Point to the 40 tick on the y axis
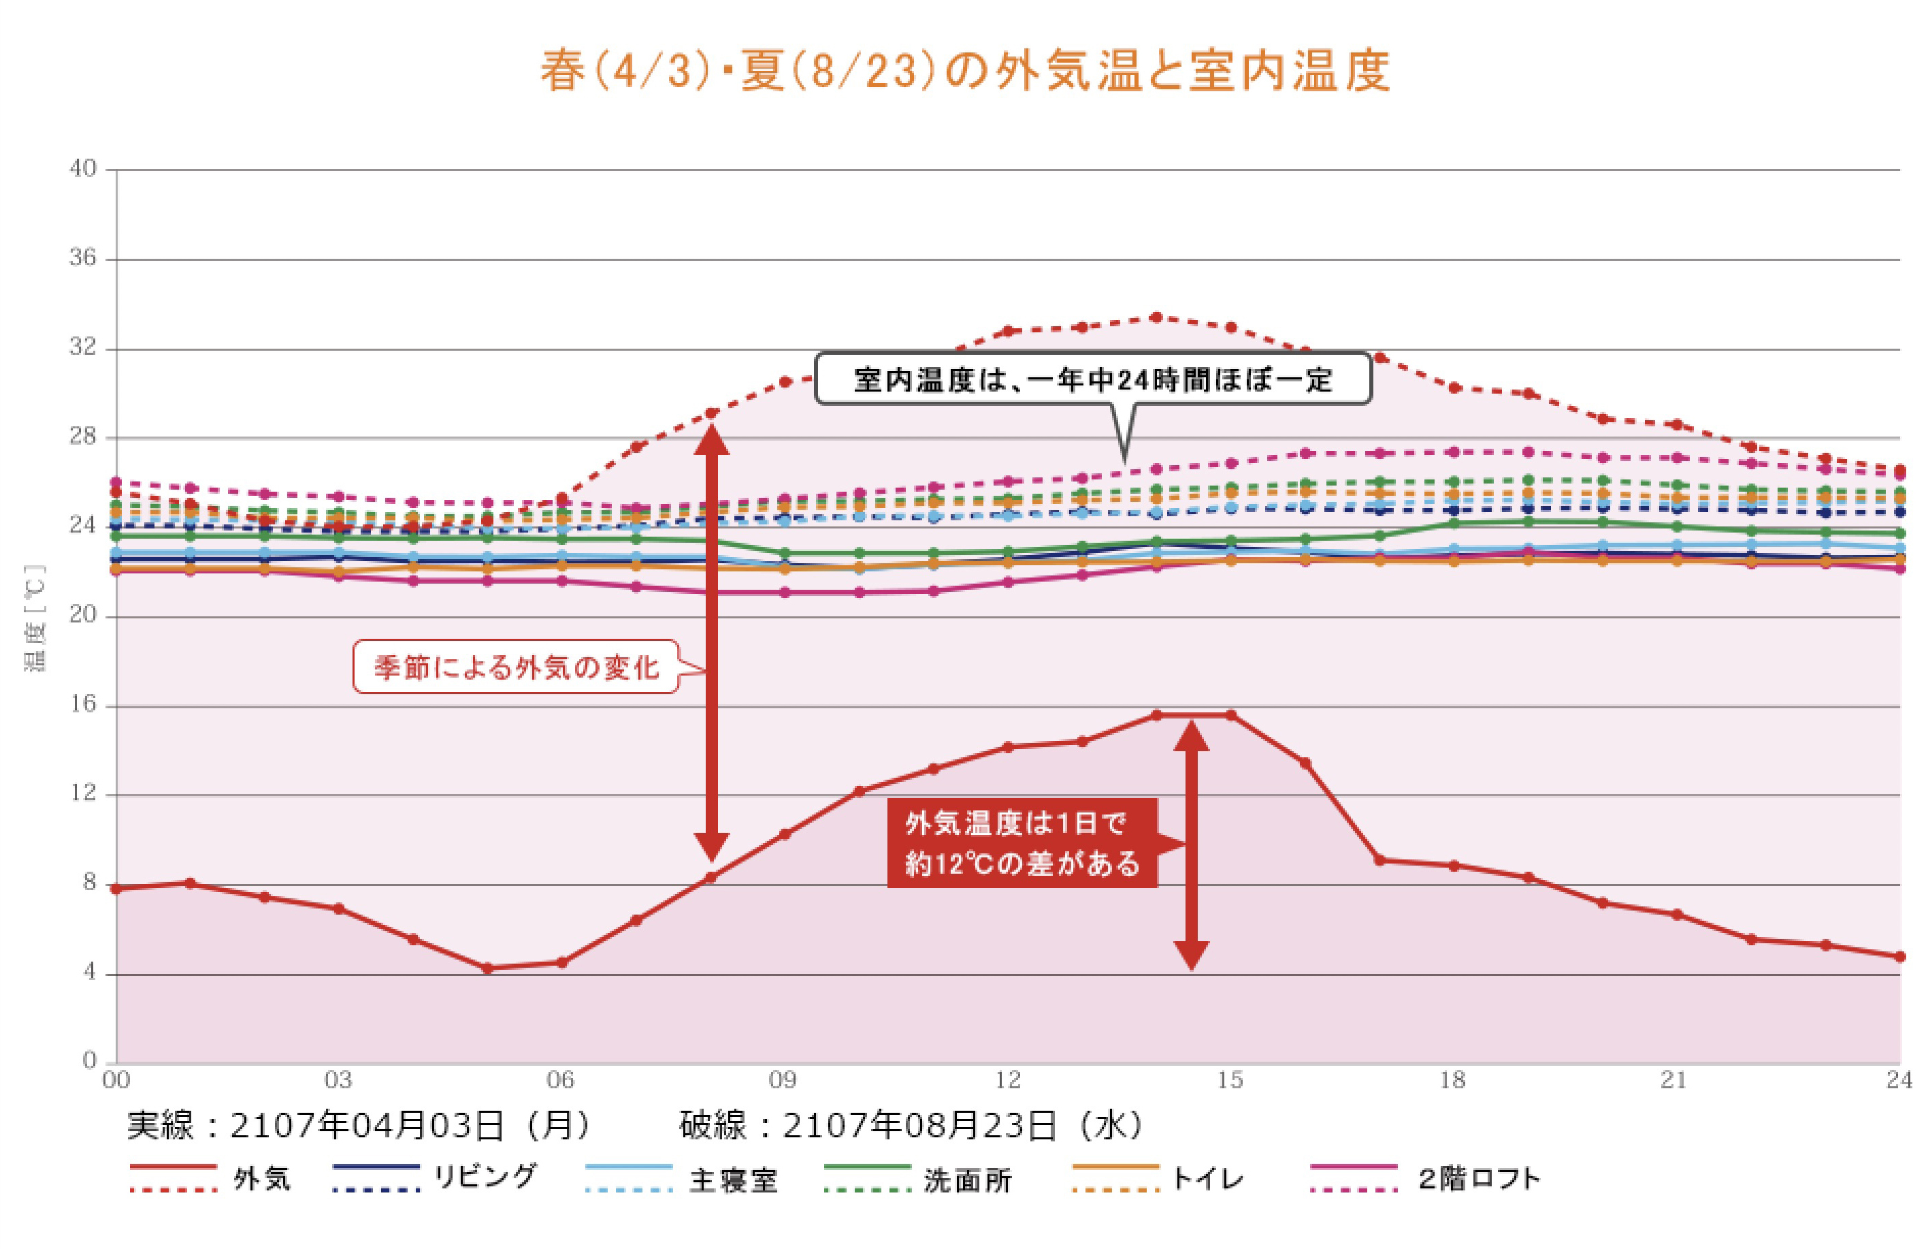click(82, 169)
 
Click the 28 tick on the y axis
click(82, 437)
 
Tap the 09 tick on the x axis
click(783, 1079)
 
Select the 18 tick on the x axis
click(1452, 1079)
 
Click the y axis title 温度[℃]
click(35, 618)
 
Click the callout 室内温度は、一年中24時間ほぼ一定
click(1092, 379)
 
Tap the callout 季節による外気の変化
click(516, 667)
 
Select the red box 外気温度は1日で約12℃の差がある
click(1022, 843)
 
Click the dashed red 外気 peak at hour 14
click(1157, 317)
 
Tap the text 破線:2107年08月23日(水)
click(911, 1125)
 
